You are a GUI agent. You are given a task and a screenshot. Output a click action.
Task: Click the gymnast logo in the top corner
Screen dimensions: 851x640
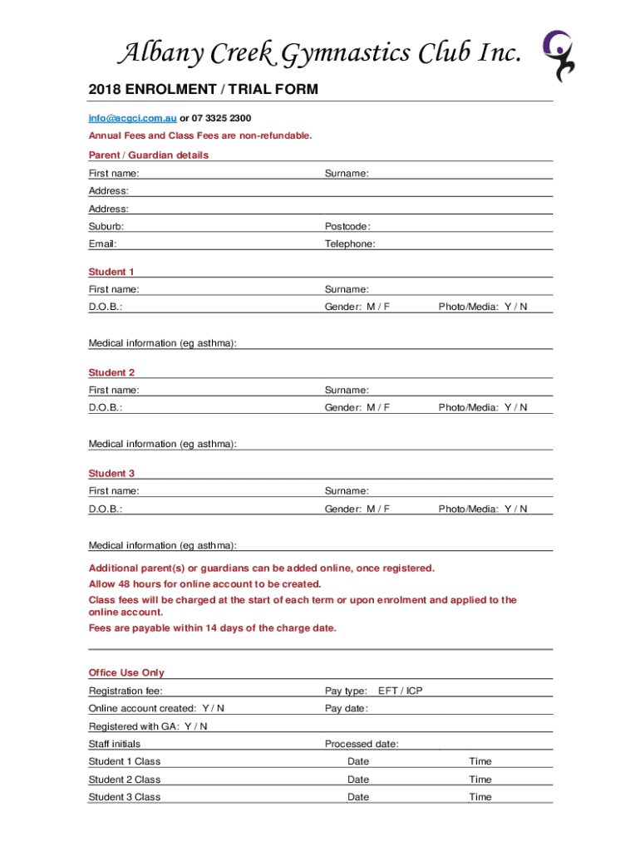558,55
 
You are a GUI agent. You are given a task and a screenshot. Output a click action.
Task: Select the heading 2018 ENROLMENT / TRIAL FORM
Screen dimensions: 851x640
203,90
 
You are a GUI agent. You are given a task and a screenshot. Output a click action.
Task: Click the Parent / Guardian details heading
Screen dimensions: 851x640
149,155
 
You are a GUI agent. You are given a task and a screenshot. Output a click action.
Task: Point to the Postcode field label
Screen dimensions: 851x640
347,227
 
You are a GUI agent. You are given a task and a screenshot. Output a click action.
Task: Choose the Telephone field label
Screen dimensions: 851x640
350,244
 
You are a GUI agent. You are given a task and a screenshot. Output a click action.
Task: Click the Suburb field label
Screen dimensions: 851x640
106,227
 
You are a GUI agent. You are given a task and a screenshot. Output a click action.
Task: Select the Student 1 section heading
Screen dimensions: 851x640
111,272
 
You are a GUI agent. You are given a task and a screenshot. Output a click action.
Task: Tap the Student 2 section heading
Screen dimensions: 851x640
111,372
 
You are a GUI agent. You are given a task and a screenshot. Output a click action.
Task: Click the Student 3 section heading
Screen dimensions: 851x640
111,474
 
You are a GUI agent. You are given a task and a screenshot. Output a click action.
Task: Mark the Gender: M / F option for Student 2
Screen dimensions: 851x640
357,407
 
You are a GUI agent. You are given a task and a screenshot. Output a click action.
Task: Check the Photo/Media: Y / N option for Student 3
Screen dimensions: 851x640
483,509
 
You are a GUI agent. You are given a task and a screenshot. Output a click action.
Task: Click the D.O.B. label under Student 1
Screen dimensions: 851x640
106,307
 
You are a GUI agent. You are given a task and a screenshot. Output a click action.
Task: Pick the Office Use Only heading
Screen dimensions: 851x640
126,673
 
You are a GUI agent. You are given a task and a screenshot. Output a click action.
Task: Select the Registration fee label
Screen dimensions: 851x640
126,691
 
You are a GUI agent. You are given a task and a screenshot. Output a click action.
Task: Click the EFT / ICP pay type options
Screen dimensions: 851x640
400,691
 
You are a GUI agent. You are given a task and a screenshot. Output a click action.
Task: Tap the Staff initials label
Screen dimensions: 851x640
115,744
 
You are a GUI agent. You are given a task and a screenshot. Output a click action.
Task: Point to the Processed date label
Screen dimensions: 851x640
362,744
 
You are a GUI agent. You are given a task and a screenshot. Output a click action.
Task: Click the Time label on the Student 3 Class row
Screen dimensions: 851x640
480,797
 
